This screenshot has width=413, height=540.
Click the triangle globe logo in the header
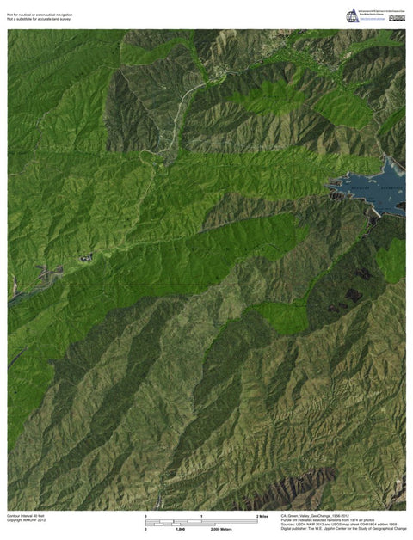[352, 15]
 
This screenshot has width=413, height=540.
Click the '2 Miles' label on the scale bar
[262, 515]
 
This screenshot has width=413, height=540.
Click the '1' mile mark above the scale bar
[201, 515]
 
